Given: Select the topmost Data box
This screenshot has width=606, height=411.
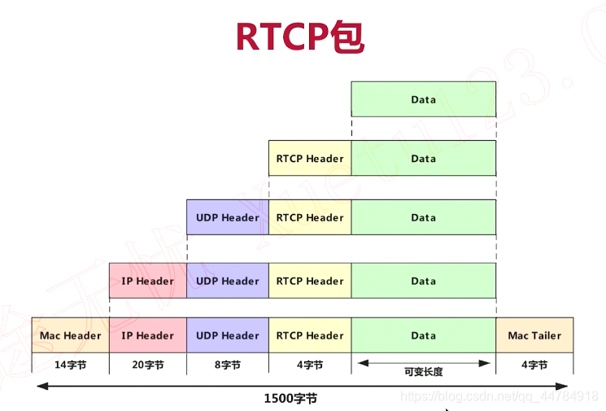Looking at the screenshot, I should [423, 99].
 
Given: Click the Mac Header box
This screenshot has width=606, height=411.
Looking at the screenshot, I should [70, 335].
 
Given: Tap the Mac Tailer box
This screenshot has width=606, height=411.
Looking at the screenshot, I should [534, 335].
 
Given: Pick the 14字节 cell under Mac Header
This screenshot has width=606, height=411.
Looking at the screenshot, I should [70, 365].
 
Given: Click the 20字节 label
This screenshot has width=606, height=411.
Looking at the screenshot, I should [147, 365].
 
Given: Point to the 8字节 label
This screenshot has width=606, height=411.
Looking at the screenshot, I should [228, 365].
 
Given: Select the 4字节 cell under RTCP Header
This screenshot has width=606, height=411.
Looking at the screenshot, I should [309, 365].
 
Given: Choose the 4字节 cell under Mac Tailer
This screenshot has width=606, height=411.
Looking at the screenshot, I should [534, 365].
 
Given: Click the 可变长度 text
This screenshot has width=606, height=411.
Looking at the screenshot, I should [423, 371].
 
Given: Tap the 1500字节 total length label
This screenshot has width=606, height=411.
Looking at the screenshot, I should [290, 398].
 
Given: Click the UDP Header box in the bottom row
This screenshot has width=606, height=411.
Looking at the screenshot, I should [228, 335].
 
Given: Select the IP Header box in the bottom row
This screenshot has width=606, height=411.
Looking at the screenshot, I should [147, 335].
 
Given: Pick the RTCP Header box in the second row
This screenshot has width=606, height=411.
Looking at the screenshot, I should [309, 159].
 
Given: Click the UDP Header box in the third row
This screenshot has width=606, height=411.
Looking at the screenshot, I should [228, 217].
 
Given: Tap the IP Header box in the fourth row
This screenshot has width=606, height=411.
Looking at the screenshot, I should [147, 281].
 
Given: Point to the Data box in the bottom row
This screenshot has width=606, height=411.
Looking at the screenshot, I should [423, 335].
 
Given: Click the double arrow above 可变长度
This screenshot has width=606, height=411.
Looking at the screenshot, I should [423, 361].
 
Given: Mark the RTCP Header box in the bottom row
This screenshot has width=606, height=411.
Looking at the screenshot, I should [309, 335].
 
